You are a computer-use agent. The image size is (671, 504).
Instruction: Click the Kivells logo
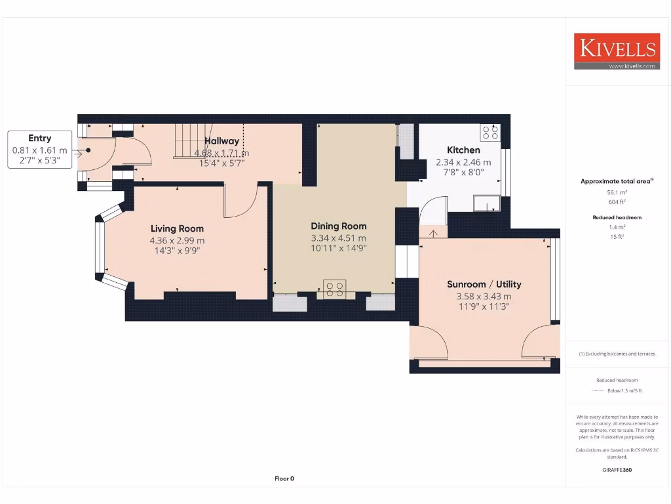pyautogui.click(x=616, y=51)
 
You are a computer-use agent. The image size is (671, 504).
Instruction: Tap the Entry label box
pyautogui.click(x=40, y=149)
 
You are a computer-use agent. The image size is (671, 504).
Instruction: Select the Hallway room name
pyautogui.click(x=221, y=140)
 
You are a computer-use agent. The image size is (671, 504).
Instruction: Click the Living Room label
pyautogui.click(x=177, y=228)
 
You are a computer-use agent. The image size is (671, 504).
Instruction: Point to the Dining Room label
pyautogui.click(x=338, y=226)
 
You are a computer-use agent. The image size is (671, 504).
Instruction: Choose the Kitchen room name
pyautogui.click(x=463, y=150)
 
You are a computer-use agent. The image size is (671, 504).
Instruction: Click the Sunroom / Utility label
pyautogui.click(x=484, y=284)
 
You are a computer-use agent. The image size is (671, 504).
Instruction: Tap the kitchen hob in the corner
pyautogui.click(x=489, y=133)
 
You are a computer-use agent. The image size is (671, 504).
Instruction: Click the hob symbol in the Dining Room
pyautogui.click(x=335, y=289)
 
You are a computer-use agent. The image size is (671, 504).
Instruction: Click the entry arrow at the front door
pyautogui.click(x=78, y=154)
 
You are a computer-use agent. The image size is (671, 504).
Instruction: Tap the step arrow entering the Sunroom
pyautogui.click(x=432, y=232)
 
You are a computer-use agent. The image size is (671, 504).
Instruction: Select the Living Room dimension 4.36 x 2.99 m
pyautogui.click(x=177, y=240)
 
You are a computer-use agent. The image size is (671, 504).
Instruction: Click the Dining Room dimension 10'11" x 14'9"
pyautogui.click(x=338, y=249)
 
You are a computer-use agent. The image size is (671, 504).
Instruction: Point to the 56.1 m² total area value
pyautogui.click(x=616, y=192)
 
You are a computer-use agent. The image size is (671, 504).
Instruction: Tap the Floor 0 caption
pyautogui.click(x=284, y=478)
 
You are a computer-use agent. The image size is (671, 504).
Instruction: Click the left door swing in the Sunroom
pyautogui.click(x=430, y=341)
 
